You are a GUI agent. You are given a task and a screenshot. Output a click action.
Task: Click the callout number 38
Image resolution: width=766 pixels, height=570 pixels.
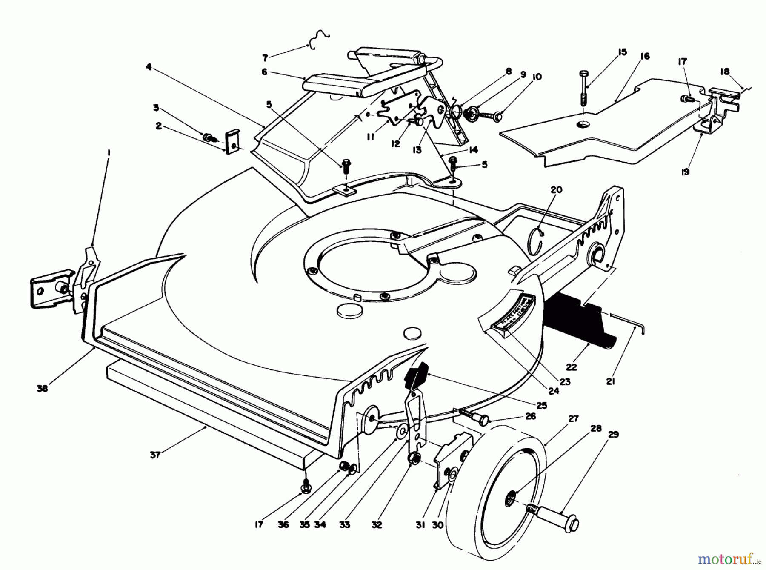[x=42, y=388]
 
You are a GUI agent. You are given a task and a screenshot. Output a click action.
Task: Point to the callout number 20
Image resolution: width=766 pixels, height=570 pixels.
[x=556, y=190]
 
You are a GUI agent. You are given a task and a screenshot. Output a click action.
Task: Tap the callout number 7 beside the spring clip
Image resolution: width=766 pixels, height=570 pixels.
[x=265, y=57]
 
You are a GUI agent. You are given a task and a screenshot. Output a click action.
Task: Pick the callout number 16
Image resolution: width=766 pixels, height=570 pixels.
[x=645, y=56]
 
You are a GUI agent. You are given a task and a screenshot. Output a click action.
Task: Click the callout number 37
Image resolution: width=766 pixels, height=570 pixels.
[x=155, y=455]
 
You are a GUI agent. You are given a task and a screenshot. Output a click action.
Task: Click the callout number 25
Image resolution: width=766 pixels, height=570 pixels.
[x=541, y=405]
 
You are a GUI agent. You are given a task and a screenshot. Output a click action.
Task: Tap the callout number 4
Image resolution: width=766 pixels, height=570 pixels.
[x=148, y=66]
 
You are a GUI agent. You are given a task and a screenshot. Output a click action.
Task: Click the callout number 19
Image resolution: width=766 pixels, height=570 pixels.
[x=685, y=172]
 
